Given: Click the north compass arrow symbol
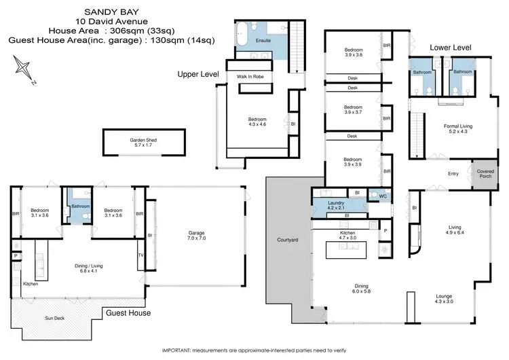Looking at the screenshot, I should [x=24, y=69].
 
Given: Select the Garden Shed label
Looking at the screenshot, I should [x=143, y=142].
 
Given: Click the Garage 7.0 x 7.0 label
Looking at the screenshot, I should [x=197, y=236].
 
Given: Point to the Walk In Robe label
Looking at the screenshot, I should [x=250, y=77].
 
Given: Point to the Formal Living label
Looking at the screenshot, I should [x=458, y=128].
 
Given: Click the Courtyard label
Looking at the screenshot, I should [x=288, y=240].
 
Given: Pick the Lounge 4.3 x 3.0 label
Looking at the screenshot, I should [x=449, y=298].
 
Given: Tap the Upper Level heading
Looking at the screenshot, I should [x=197, y=73].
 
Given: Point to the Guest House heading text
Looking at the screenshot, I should [x=128, y=313].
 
